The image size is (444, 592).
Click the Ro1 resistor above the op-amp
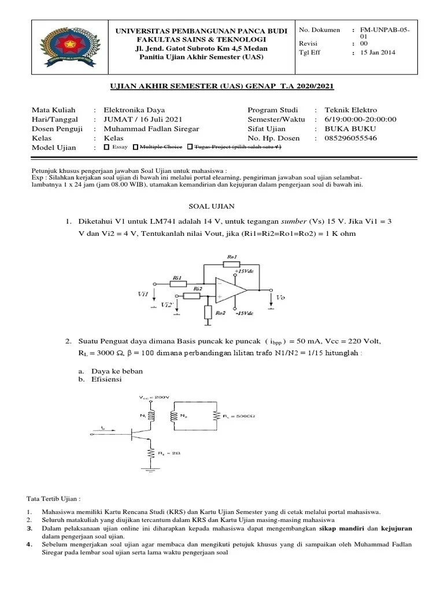pos(231,264)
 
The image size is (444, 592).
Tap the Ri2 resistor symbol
pos(192,296)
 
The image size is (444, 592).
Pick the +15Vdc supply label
pos(245,271)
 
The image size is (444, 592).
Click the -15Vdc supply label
pos(245,314)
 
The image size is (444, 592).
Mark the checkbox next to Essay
pos(106,147)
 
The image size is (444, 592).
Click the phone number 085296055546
pos(350,138)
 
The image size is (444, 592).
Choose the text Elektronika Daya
pos(134,110)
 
